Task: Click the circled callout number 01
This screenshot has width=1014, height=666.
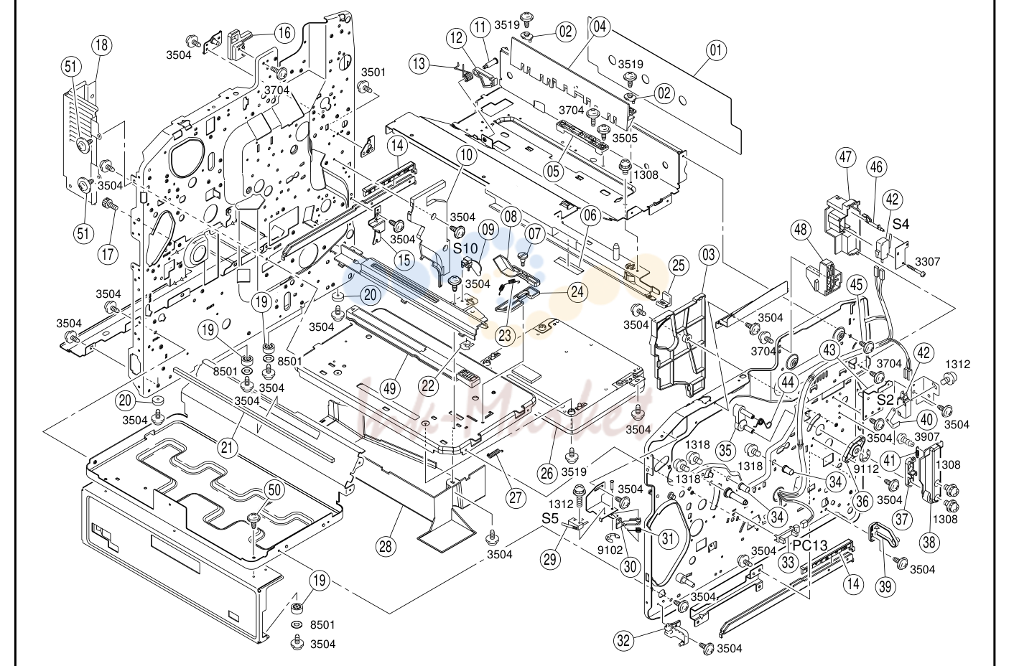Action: tap(715, 50)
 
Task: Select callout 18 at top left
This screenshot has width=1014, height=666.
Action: tap(102, 45)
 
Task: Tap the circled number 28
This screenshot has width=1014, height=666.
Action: tap(385, 547)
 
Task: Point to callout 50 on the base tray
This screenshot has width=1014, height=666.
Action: tap(274, 490)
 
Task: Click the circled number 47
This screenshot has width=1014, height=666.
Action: tap(845, 158)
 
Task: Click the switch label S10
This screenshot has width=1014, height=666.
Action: tap(465, 248)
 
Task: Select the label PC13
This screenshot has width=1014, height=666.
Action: tap(810, 545)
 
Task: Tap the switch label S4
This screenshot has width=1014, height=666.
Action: tap(901, 224)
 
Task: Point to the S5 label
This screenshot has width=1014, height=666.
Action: tap(551, 518)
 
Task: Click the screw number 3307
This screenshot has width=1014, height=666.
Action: tap(928, 261)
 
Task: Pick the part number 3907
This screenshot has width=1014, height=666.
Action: tap(928, 437)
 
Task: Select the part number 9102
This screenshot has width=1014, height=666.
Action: tap(610, 550)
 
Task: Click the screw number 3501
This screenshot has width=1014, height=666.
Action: tap(373, 72)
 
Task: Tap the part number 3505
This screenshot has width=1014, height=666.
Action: tap(625, 138)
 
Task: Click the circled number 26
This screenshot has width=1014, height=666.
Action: tap(547, 473)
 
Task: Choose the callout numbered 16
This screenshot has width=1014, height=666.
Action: tap(284, 32)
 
